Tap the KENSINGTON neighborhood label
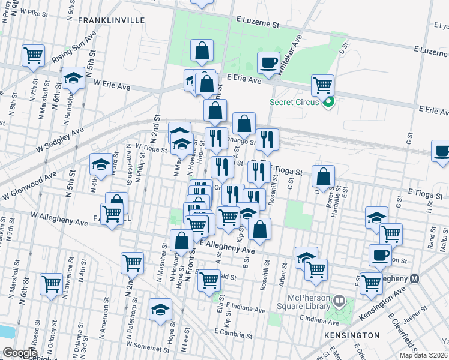[x=352, y=335]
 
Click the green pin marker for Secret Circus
[x=328, y=103]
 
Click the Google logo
[x=19, y=353]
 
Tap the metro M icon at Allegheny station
[x=414, y=279]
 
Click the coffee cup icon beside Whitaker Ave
[x=268, y=62]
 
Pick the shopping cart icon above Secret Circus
[x=322, y=85]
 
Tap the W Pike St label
[x=29, y=11]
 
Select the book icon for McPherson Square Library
[x=339, y=300]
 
